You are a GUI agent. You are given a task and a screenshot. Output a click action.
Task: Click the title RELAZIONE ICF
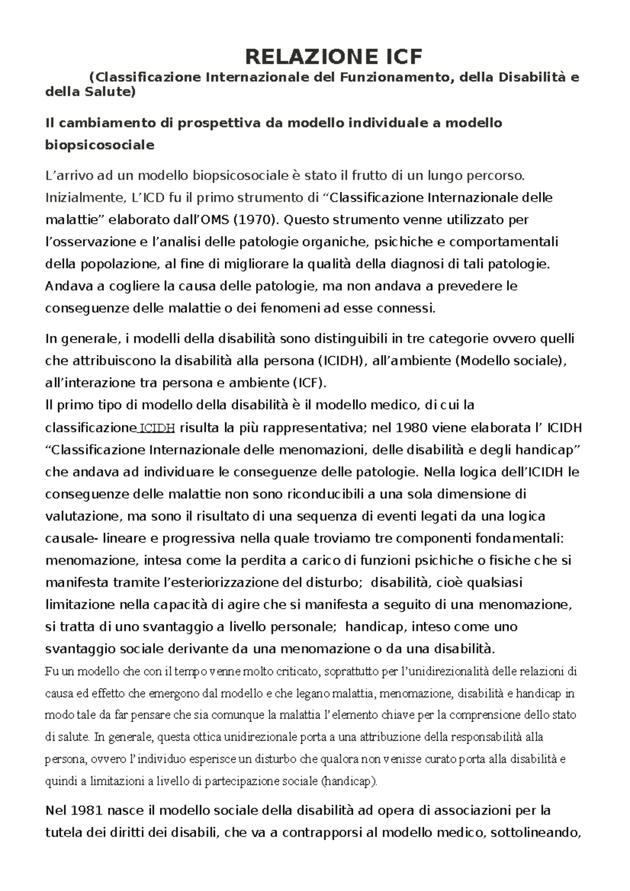[x=334, y=56]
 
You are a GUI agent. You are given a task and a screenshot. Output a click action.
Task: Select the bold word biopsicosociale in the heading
[x=100, y=145]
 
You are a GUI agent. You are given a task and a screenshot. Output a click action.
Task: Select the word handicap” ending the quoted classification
[x=549, y=450]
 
